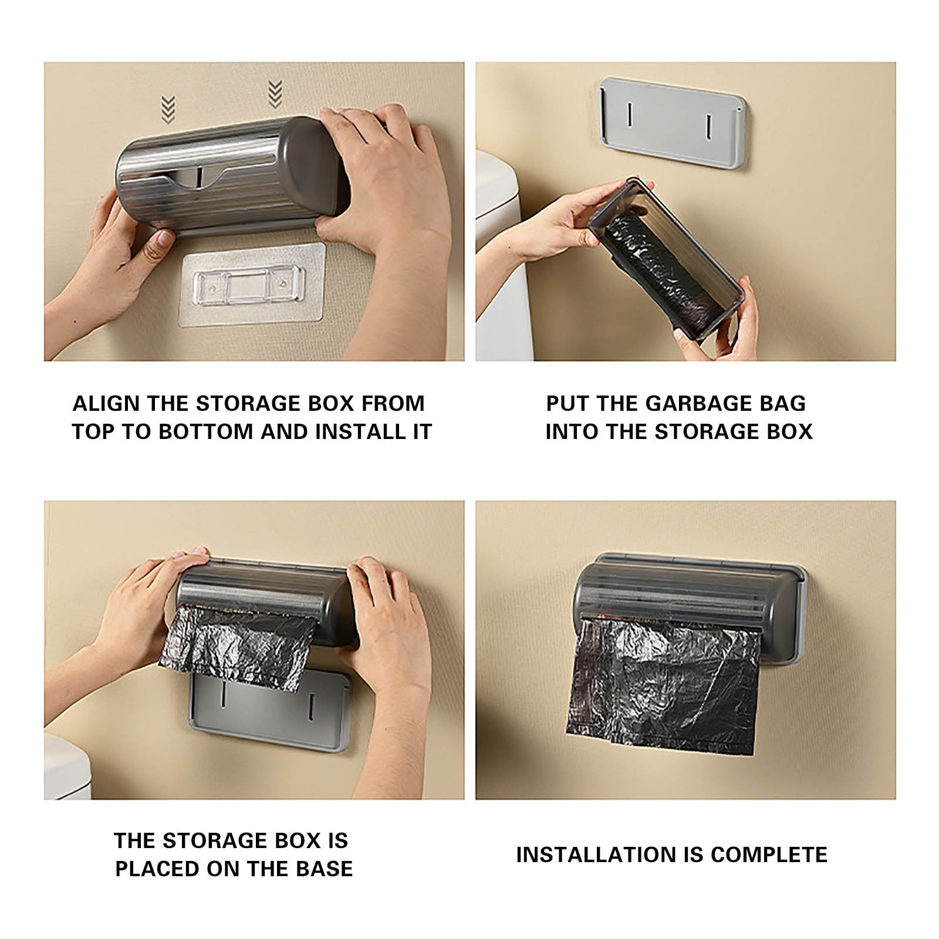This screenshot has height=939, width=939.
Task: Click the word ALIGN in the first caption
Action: pyautogui.click(x=106, y=404)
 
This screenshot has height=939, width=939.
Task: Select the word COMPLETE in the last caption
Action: pyautogui.click(x=769, y=854)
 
